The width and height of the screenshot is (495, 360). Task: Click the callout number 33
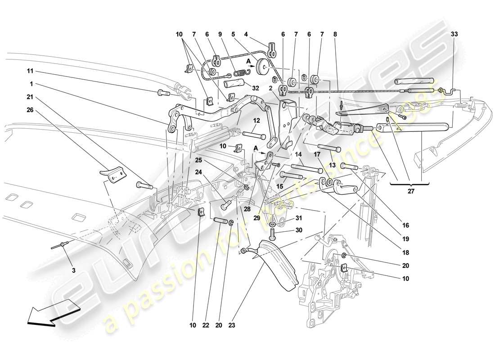pyautogui.click(x=454, y=34)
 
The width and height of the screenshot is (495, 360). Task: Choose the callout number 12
pyautogui.click(x=256, y=121)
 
